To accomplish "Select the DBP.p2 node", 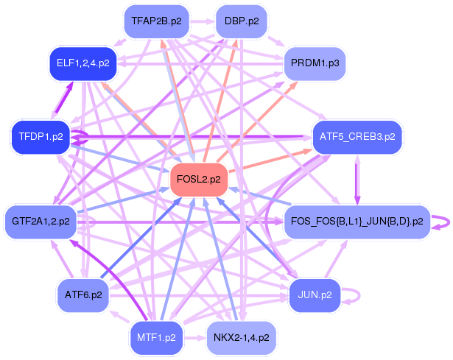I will click(x=241, y=21).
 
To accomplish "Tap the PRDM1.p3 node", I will click(x=315, y=63).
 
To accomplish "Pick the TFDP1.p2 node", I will click(x=41, y=137).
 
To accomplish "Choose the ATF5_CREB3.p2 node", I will click(x=357, y=137).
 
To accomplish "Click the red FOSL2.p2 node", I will click(x=199, y=180).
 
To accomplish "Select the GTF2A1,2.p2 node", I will click(x=41, y=221).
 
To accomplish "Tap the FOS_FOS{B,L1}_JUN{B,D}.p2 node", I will click(x=357, y=221).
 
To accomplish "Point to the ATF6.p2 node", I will click(x=82, y=294).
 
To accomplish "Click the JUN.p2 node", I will click(x=315, y=294).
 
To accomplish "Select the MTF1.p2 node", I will click(x=156, y=337).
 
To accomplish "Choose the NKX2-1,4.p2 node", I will click(x=241, y=337).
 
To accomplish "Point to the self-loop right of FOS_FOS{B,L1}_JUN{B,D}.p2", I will click(x=443, y=221).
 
